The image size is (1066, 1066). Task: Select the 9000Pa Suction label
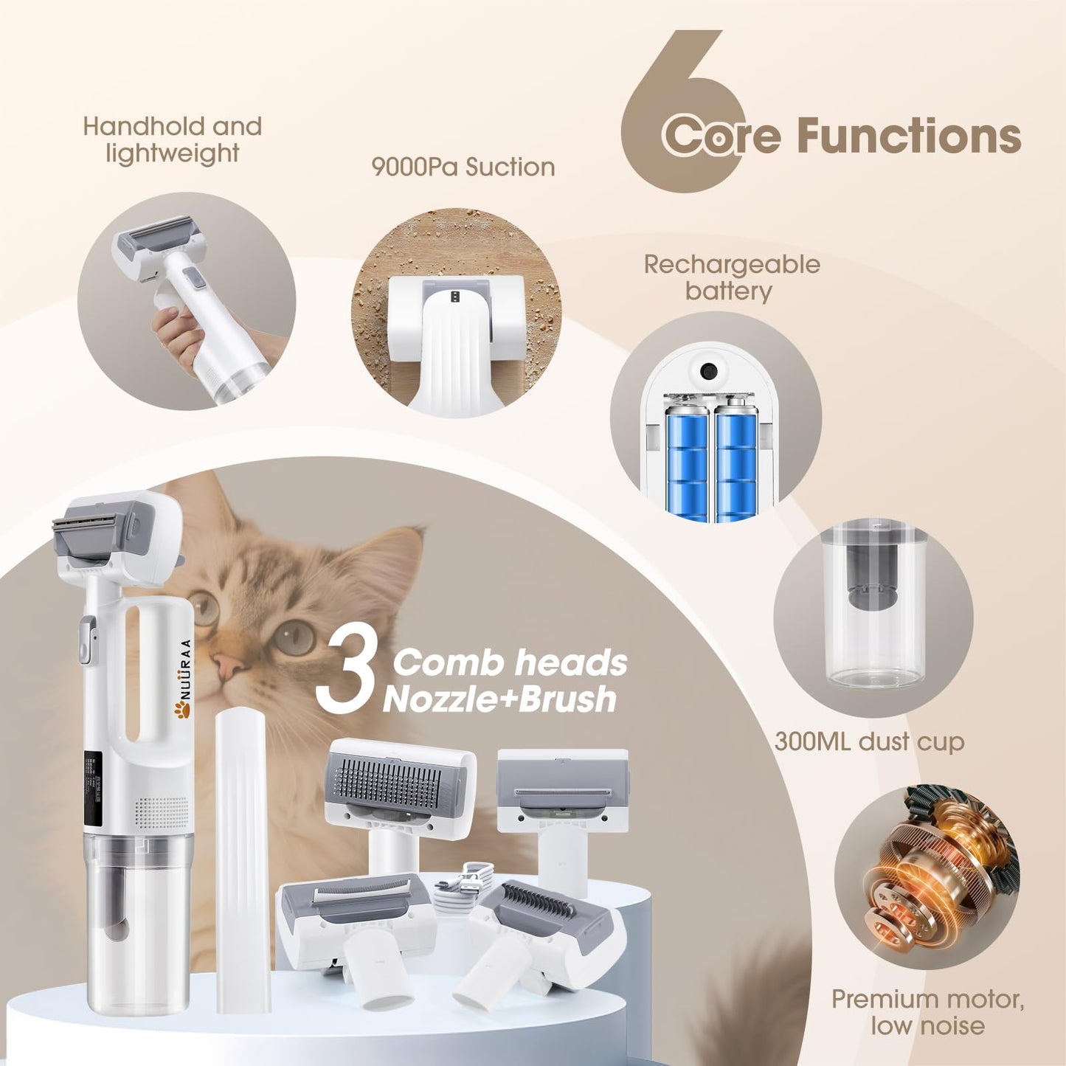[x=463, y=167]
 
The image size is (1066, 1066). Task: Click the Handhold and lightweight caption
[x=173, y=139]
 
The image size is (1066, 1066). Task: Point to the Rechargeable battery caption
[x=731, y=277]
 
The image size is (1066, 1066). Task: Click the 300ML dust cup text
[x=869, y=741]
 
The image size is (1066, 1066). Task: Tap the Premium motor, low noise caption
[x=927, y=1012]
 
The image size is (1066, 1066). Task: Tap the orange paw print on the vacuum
[x=181, y=710]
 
